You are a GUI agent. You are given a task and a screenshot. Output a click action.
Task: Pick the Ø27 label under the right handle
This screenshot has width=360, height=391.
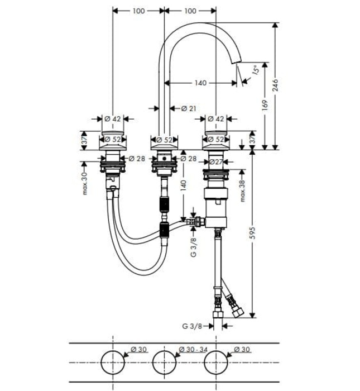217,162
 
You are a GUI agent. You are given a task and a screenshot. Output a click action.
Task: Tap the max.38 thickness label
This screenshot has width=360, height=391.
243,190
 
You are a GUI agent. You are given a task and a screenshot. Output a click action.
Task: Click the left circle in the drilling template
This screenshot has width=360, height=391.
113,363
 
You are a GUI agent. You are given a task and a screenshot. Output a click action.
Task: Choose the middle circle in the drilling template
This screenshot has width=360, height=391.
165,363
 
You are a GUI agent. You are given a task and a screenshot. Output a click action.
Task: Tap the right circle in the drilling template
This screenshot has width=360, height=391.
216,363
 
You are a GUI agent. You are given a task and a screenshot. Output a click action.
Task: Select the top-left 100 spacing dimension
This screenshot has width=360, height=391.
139,11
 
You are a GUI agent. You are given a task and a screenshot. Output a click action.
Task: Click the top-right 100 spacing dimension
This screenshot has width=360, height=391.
190,11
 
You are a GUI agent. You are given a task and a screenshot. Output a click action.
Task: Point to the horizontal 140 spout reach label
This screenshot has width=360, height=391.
200,83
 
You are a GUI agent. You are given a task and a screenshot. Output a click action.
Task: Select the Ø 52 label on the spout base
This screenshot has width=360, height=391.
164,140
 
